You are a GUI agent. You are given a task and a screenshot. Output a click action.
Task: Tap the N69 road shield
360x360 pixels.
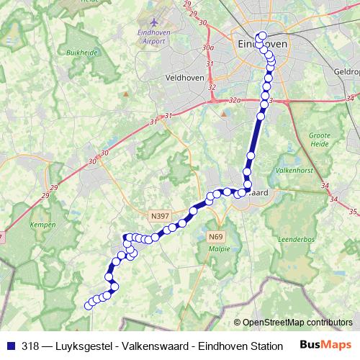click(215, 237)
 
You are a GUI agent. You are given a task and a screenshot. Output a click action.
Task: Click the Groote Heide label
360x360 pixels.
click(320, 138)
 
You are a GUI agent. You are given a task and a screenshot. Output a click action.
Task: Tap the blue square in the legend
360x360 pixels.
click(10, 346)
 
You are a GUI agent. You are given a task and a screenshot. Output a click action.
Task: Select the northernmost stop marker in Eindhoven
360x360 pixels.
click(261, 36)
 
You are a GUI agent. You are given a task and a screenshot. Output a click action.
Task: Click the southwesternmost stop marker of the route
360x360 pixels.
click(89, 305)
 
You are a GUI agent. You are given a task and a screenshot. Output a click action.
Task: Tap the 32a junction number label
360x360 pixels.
click(235, 102)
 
